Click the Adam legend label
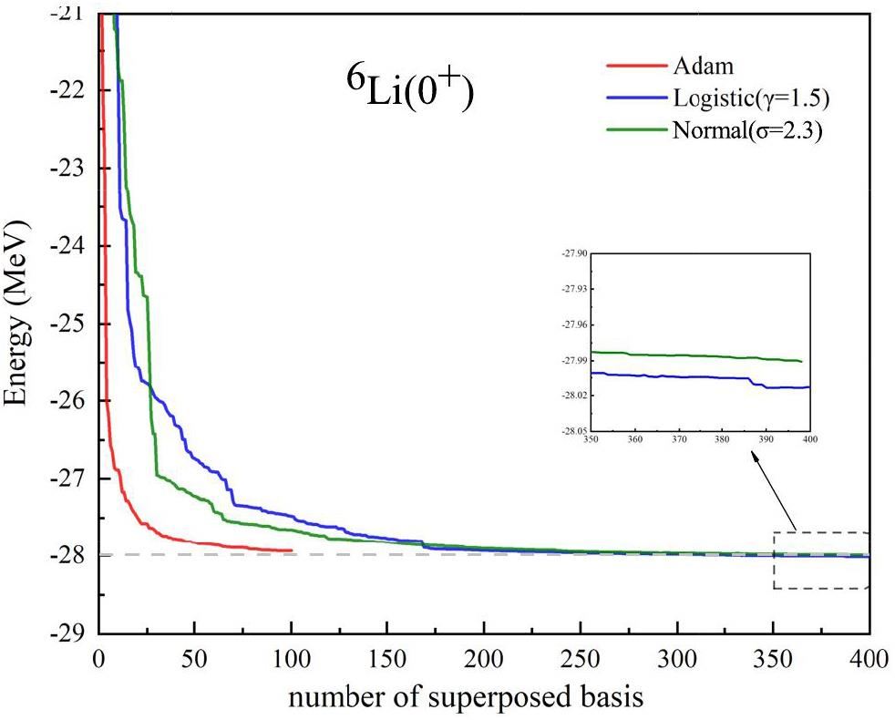pos(704,66)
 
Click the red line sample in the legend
pos(635,66)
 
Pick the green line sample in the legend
pos(635,129)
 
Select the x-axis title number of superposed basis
pos(468,698)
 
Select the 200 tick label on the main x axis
pos(484,658)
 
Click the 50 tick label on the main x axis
pos(195,658)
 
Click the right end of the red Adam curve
pos(292,550)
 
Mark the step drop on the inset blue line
pos(757,383)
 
